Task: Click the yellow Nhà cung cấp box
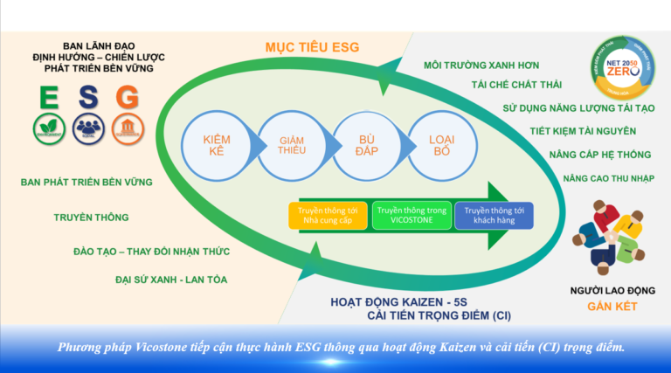pyautogui.click(x=327, y=216)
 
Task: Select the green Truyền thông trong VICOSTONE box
pyautogui.click(x=411, y=216)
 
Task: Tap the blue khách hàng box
pyautogui.click(x=494, y=216)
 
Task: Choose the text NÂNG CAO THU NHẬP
pyautogui.click(x=586, y=177)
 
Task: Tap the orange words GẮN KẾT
pyautogui.click(x=612, y=307)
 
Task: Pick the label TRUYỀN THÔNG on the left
pyautogui.click(x=91, y=217)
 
